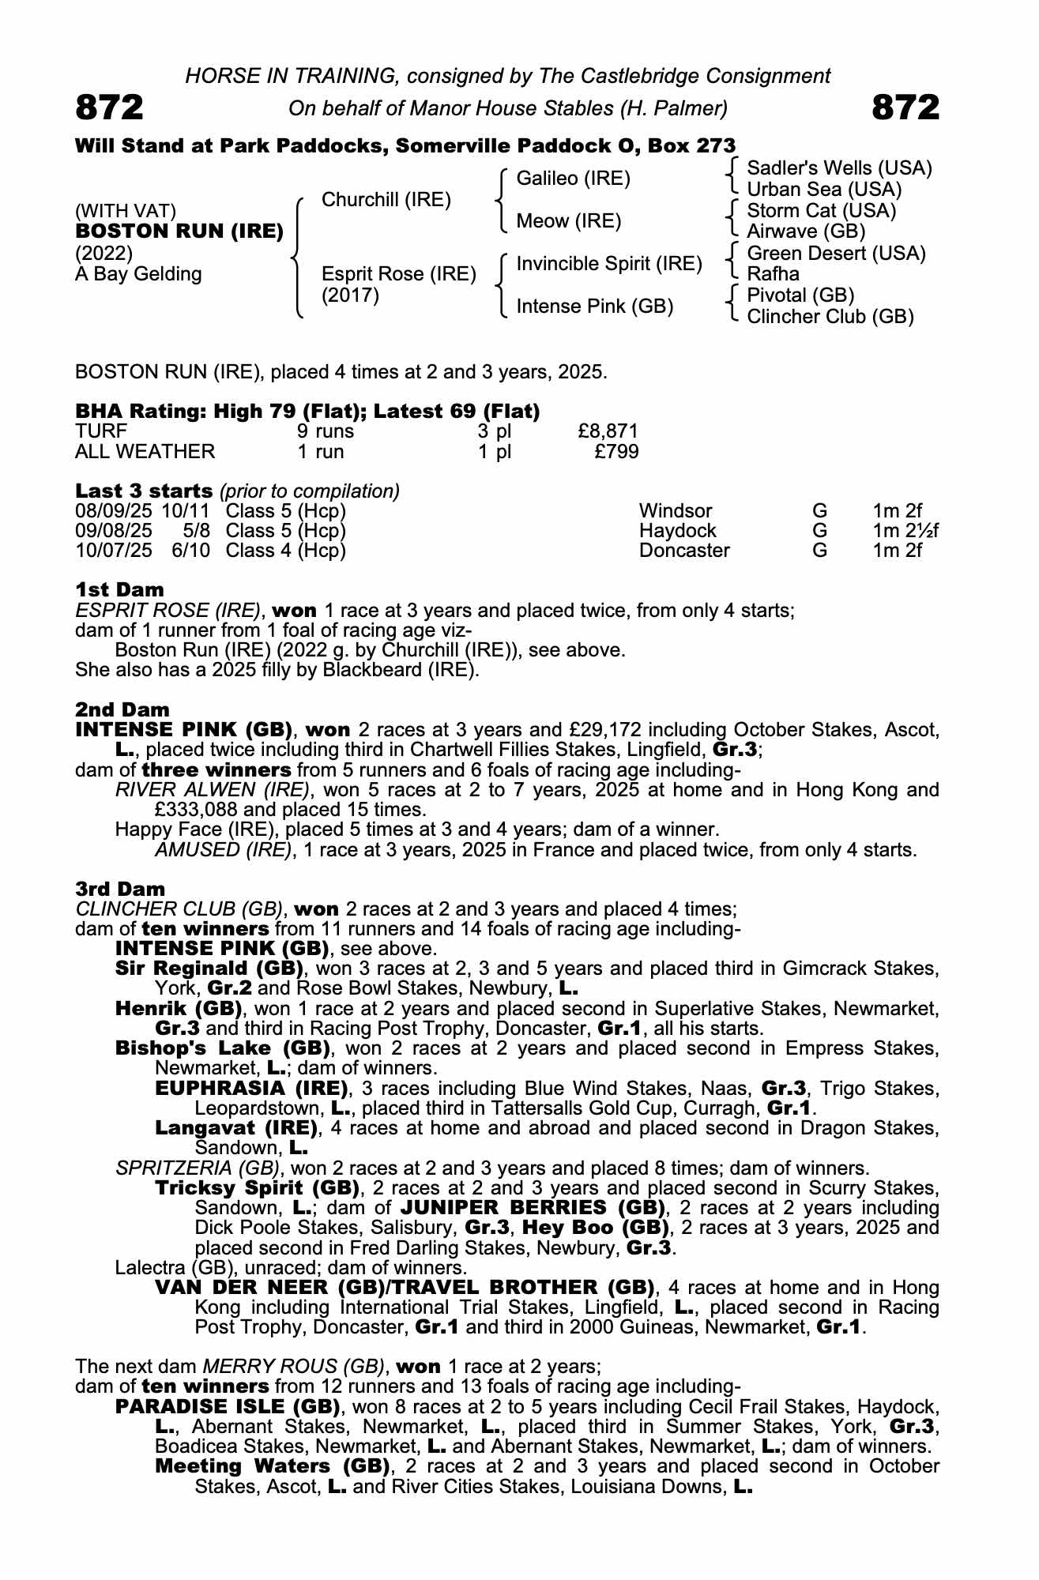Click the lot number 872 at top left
coord(109,107)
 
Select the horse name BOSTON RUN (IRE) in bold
coord(179,231)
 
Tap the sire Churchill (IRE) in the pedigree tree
coord(386,200)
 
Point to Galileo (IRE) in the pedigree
coord(573,179)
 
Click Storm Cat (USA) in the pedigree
coord(821,211)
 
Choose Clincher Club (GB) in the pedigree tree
coord(830,317)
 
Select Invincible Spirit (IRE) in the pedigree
coord(609,264)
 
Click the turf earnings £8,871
coord(608,431)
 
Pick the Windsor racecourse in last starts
coord(676,511)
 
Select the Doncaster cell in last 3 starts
coord(684,551)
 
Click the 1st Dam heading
coord(119,589)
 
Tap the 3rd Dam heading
coord(120,889)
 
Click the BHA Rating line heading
coord(307,411)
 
